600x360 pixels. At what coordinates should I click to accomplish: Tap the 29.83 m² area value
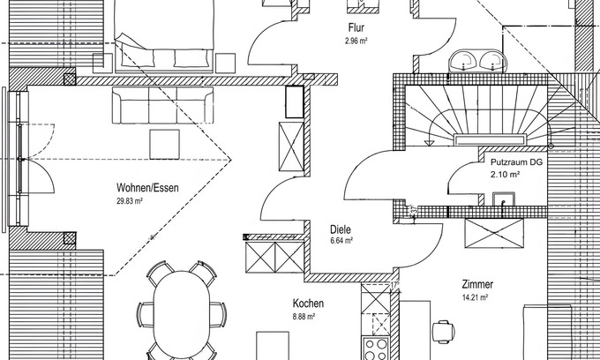click(129, 201)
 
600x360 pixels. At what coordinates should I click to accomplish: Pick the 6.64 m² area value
click(341, 239)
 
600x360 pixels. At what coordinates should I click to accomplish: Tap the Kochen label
click(308, 304)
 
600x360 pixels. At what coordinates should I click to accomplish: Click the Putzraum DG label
click(517, 163)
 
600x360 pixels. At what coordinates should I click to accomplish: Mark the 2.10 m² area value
click(505, 175)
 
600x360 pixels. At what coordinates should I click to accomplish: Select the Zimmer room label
click(476, 285)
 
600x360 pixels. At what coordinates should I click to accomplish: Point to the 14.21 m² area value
click(476, 298)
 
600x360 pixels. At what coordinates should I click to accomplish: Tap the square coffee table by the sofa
click(164, 142)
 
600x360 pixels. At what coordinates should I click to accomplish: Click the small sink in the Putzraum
click(505, 208)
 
